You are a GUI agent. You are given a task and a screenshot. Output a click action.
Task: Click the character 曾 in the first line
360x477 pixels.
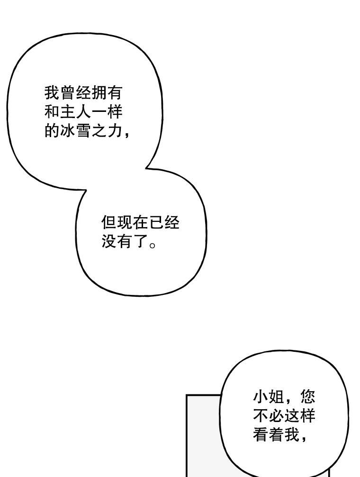tap(68, 93)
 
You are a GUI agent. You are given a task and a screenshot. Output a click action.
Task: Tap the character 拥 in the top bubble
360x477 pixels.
tap(99, 93)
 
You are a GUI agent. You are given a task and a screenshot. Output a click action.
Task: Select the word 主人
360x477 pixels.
tap(75, 112)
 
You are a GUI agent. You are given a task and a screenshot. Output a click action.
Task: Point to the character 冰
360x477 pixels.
tap(68, 131)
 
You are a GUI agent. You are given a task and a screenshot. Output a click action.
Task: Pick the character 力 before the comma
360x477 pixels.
tap(114, 131)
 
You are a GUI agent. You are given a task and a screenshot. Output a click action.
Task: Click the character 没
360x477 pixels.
tap(109, 241)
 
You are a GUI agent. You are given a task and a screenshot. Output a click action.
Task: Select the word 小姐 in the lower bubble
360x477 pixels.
tap(268, 397)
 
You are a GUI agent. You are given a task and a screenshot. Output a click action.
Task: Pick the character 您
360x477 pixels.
tap(307, 397)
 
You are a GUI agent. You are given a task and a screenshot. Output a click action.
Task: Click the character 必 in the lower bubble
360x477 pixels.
tap(276, 416)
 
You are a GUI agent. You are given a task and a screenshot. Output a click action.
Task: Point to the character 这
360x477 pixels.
tap(292, 416)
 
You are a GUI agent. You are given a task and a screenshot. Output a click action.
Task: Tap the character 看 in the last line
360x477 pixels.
tap(261, 435)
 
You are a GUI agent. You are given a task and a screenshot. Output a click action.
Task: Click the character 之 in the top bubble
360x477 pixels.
tap(99, 131)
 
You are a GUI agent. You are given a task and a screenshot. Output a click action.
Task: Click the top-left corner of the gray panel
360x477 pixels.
tap(187, 395)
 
